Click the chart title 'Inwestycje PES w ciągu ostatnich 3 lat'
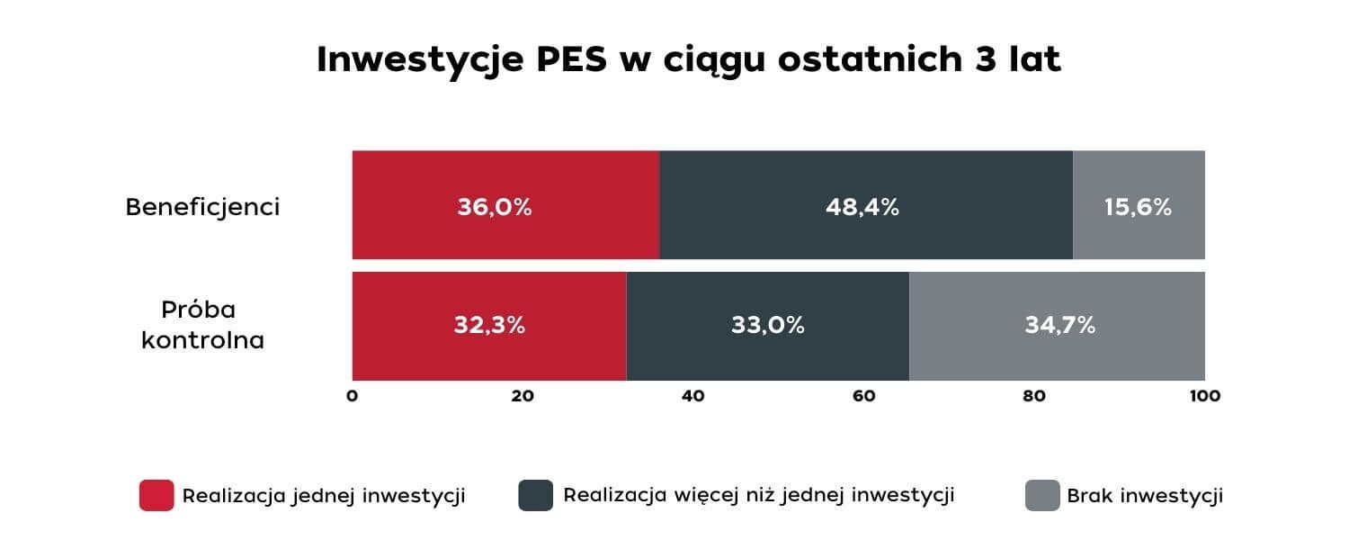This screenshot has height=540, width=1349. point(689,60)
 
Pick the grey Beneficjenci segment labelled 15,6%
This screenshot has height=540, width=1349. point(1139,205)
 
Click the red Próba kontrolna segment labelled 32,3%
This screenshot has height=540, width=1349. point(488,326)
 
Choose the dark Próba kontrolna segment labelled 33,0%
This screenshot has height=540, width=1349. point(767,326)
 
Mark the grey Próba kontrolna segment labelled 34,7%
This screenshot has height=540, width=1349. point(1058,326)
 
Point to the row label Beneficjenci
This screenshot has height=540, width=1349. point(202,207)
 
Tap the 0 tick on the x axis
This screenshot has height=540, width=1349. point(353,396)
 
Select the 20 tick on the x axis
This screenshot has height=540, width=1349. point(523,396)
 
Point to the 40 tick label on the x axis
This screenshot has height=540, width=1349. point(693,396)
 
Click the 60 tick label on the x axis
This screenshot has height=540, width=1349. point(864,396)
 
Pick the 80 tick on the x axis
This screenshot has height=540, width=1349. point(1034,396)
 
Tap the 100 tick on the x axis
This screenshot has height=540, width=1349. point(1204,396)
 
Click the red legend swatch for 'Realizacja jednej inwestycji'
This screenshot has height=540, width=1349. point(156,496)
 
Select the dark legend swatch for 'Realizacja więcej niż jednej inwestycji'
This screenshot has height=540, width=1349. point(535,496)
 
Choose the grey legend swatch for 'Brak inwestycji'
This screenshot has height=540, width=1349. point(1042,496)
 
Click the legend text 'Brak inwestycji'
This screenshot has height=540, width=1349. point(1145,496)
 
